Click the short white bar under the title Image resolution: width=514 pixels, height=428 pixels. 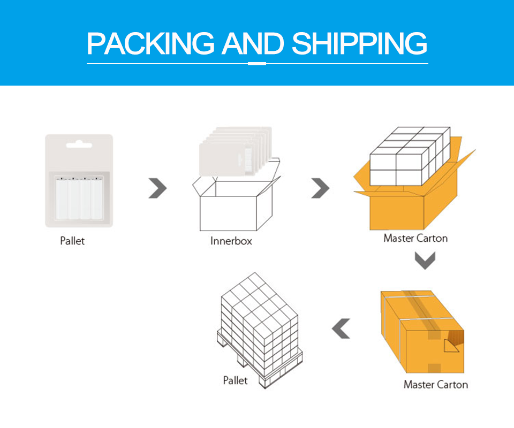258,64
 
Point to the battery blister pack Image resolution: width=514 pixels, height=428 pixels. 79,181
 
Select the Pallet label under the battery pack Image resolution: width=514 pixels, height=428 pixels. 72,241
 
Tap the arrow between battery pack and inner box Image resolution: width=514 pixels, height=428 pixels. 157,188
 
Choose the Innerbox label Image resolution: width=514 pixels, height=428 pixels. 231,241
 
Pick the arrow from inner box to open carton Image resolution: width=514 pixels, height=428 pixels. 320,188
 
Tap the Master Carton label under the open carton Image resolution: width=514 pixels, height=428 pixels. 415,238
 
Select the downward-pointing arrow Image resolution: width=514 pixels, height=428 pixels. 425,261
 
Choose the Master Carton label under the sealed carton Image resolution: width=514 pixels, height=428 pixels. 435,384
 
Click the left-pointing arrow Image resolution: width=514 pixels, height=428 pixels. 341,328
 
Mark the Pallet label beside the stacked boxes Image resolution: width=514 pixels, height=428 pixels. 236,380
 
